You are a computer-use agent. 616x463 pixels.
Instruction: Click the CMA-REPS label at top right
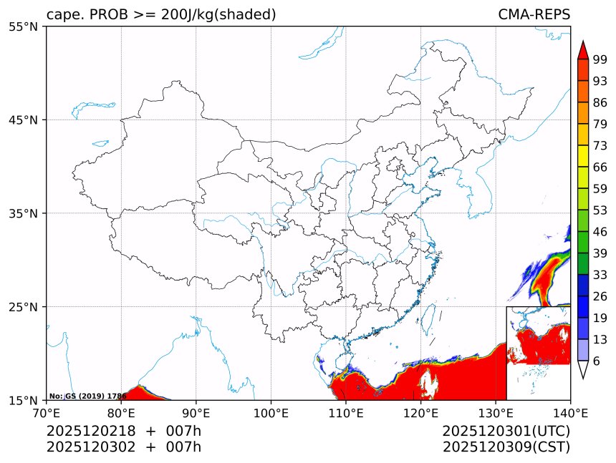pos(534,15)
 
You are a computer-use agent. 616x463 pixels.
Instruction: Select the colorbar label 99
pos(600,59)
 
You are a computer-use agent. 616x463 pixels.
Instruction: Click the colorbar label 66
pos(600,167)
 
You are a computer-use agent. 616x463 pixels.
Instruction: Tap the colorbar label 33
pos(600,275)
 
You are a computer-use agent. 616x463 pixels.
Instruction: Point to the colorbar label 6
pos(597,361)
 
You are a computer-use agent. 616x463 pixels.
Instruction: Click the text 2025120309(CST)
pos(506,447)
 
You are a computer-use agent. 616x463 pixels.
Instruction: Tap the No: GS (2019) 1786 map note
pos(87,396)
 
